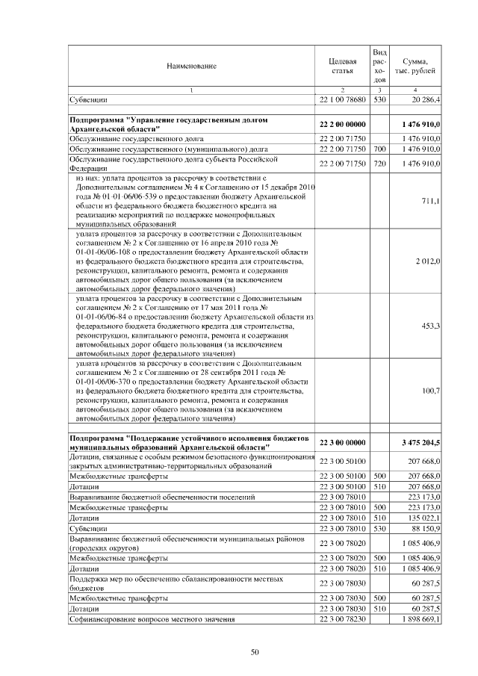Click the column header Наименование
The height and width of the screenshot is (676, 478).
tap(191, 66)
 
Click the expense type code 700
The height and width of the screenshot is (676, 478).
tap(379, 149)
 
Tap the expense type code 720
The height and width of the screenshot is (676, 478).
tap(379, 163)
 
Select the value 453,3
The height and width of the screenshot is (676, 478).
tap(430, 326)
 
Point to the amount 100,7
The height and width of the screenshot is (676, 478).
tap(430, 390)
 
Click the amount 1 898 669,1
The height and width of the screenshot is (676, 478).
tap(421, 619)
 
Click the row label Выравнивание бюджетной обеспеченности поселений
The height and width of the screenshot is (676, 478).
tap(162, 495)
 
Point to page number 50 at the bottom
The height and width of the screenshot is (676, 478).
tap(254, 652)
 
